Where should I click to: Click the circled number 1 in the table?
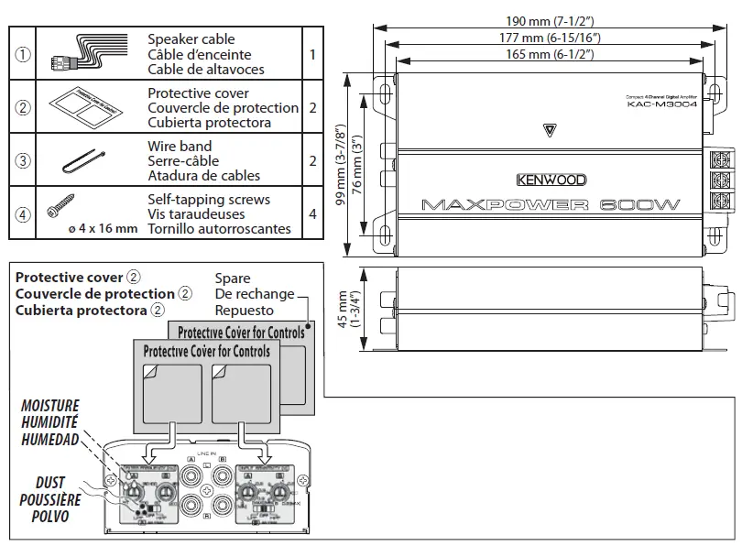23,54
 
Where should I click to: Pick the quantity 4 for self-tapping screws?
313,213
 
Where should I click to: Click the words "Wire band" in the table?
180,147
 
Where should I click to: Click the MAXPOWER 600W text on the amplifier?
551,205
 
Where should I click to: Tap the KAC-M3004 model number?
662,104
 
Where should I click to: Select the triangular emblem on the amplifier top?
549,128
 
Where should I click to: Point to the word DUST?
50,484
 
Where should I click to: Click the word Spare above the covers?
233,278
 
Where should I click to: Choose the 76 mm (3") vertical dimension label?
358,163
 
